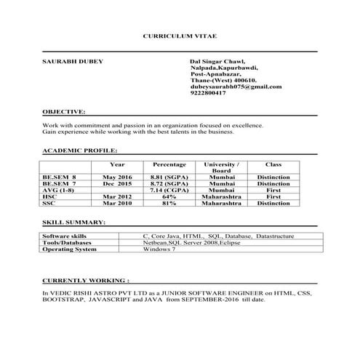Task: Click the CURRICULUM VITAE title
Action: [x=180, y=36]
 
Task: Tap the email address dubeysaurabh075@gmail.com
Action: [x=235, y=87]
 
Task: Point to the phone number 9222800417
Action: [x=208, y=93]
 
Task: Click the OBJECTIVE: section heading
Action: [x=64, y=113]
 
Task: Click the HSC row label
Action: [x=49, y=196]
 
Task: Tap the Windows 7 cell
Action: [x=159, y=249]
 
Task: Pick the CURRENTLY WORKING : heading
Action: [x=86, y=279]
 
